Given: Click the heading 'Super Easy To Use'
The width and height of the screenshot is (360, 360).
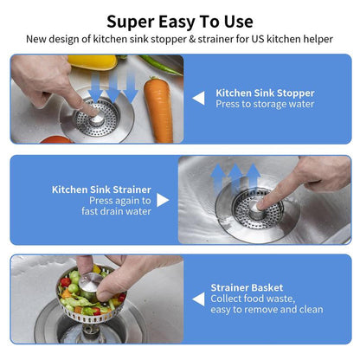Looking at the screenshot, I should (x=180, y=21).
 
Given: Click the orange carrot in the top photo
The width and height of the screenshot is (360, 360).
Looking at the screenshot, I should (x=158, y=108).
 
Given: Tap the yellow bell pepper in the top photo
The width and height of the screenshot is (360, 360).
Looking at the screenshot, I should (x=91, y=61).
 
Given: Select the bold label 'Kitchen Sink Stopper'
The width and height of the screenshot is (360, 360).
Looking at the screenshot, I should (x=265, y=92).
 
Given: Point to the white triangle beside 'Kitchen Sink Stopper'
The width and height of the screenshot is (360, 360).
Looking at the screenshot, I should (x=198, y=99).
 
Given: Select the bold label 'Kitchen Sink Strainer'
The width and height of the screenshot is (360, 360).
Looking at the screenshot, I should (x=101, y=189).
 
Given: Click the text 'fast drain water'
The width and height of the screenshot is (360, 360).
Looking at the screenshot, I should (x=116, y=212).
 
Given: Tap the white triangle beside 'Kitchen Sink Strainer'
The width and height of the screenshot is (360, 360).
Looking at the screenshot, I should (x=163, y=200).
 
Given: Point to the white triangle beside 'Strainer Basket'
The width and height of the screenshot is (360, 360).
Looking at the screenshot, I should (x=198, y=299).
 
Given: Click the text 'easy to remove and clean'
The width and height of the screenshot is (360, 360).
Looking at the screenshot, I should (x=267, y=310).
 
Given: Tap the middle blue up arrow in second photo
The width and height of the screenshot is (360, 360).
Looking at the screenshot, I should (x=236, y=177).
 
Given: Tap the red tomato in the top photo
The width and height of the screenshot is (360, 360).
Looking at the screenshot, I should (x=56, y=139).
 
